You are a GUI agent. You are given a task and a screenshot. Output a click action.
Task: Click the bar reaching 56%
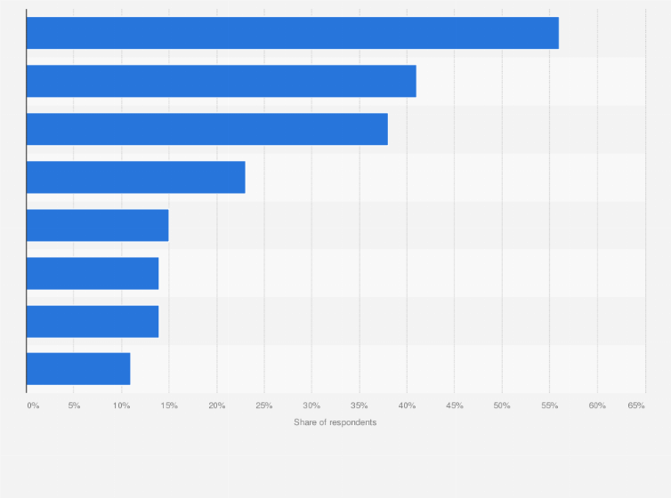coord(292,33)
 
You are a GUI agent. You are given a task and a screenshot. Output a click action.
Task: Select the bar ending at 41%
coord(221,81)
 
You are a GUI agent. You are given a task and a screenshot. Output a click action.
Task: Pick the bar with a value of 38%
coord(206,129)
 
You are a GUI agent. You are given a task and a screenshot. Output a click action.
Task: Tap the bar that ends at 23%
coord(135,177)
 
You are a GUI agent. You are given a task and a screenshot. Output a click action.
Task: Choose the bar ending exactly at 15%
coord(97,225)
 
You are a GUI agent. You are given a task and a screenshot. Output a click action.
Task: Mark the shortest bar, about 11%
coord(78,369)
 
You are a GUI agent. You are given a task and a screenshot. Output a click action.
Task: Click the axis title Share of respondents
coord(335,422)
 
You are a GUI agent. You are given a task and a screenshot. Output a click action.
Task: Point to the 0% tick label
coord(33,406)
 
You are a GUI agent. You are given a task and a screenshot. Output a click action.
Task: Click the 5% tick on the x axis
coord(74,406)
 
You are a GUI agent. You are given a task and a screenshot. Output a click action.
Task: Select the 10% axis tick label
coord(121,406)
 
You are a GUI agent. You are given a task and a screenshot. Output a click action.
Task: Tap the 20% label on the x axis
coord(216,406)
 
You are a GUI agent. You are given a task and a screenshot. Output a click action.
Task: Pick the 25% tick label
coord(263,406)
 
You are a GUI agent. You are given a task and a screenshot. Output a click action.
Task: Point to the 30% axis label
coord(311,406)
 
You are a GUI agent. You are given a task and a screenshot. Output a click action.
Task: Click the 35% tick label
coord(359,406)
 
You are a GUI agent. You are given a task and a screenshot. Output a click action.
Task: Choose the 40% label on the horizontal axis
coord(407,406)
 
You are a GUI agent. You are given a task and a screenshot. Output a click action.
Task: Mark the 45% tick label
coord(454,406)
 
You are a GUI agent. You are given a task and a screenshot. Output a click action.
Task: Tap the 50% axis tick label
coord(502,406)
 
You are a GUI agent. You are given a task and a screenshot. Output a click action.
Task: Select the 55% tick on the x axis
coord(549,406)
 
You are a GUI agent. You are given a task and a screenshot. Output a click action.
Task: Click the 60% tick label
coord(597,406)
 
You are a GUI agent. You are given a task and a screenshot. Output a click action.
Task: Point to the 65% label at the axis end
coord(635,406)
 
